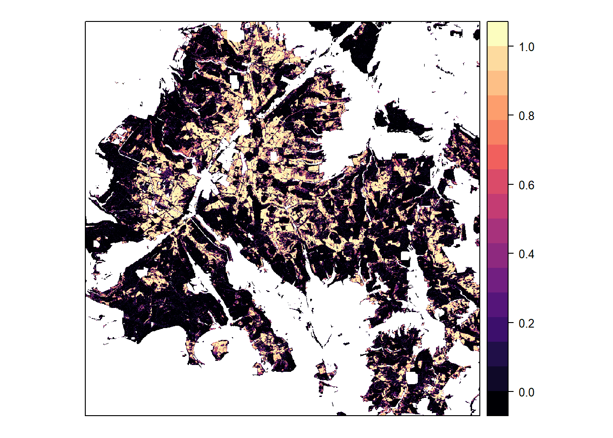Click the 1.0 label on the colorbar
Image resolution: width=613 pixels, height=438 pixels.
pos(526,47)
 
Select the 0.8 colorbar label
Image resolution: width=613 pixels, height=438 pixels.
pos(526,116)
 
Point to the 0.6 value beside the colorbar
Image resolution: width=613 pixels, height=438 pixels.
pos(526,185)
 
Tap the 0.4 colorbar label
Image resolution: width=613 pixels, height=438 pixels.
pos(526,254)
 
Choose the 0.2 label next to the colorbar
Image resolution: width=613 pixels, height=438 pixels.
pos(526,323)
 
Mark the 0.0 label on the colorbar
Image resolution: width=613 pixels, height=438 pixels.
pos(526,392)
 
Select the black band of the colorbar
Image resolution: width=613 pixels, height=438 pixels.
pos(498,403)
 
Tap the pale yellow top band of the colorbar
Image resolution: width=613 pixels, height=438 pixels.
pos(498,33)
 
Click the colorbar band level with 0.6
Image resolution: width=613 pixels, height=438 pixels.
pos(498,182)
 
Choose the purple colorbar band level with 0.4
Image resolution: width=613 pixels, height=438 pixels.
pos(498,255)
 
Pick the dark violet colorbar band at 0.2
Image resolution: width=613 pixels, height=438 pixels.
pos(498,329)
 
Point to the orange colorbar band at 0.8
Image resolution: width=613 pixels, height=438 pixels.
pos(498,108)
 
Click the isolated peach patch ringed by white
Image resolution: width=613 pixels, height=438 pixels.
pos(220,349)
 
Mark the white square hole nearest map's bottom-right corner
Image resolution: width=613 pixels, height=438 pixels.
pos(412,378)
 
